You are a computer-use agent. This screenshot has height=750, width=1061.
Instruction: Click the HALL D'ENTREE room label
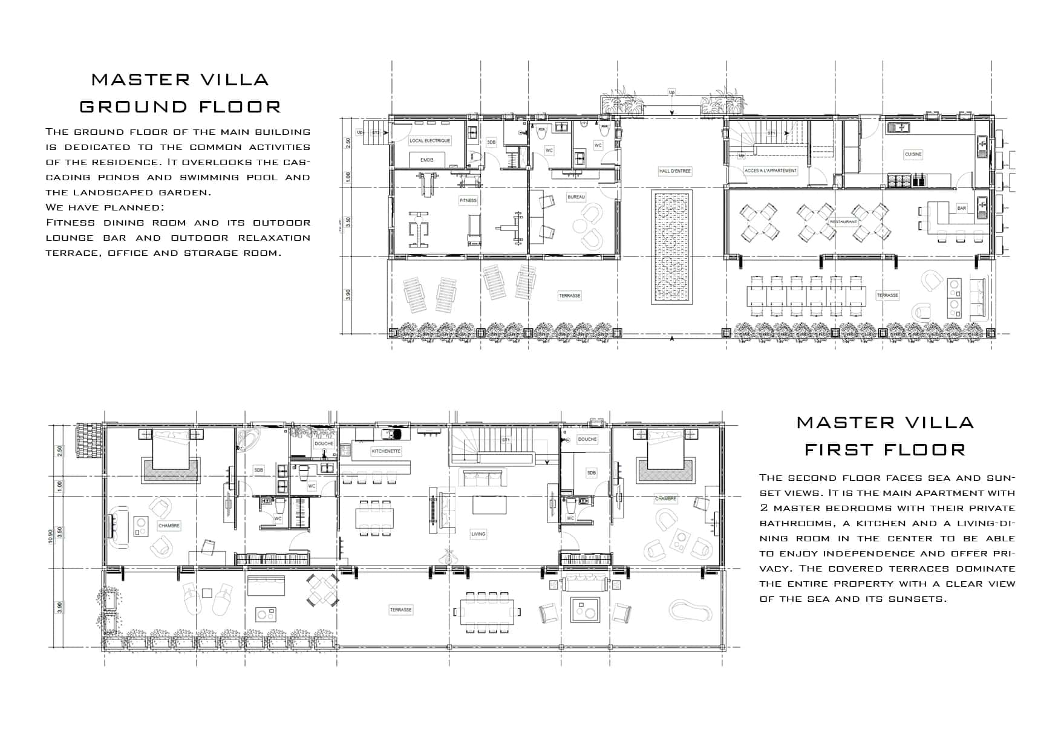[x=674, y=171]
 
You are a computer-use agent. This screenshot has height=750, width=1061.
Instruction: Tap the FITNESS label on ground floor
[x=468, y=200]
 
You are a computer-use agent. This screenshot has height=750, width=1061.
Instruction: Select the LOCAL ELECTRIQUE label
[x=430, y=141]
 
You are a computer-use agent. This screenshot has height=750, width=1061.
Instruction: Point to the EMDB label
[x=427, y=160]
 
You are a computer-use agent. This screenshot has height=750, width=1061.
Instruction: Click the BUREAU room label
[x=576, y=198]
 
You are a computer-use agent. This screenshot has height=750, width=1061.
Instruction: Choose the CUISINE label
[x=913, y=154]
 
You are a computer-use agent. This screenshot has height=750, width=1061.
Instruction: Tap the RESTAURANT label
[x=843, y=222]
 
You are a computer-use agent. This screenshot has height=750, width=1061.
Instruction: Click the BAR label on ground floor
[x=961, y=208]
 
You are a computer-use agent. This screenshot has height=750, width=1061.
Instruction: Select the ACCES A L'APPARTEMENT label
[x=771, y=171]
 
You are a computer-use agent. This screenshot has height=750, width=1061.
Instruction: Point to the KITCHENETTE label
[x=386, y=451]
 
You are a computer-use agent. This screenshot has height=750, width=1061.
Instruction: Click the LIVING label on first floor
[x=478, y=534]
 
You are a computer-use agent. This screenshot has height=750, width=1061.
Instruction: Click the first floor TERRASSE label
[x=400, y=610]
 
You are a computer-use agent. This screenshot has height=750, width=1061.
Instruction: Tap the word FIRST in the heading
[x=839, y=450]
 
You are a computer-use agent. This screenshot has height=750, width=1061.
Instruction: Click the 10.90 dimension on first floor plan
[x=51, y=537]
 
